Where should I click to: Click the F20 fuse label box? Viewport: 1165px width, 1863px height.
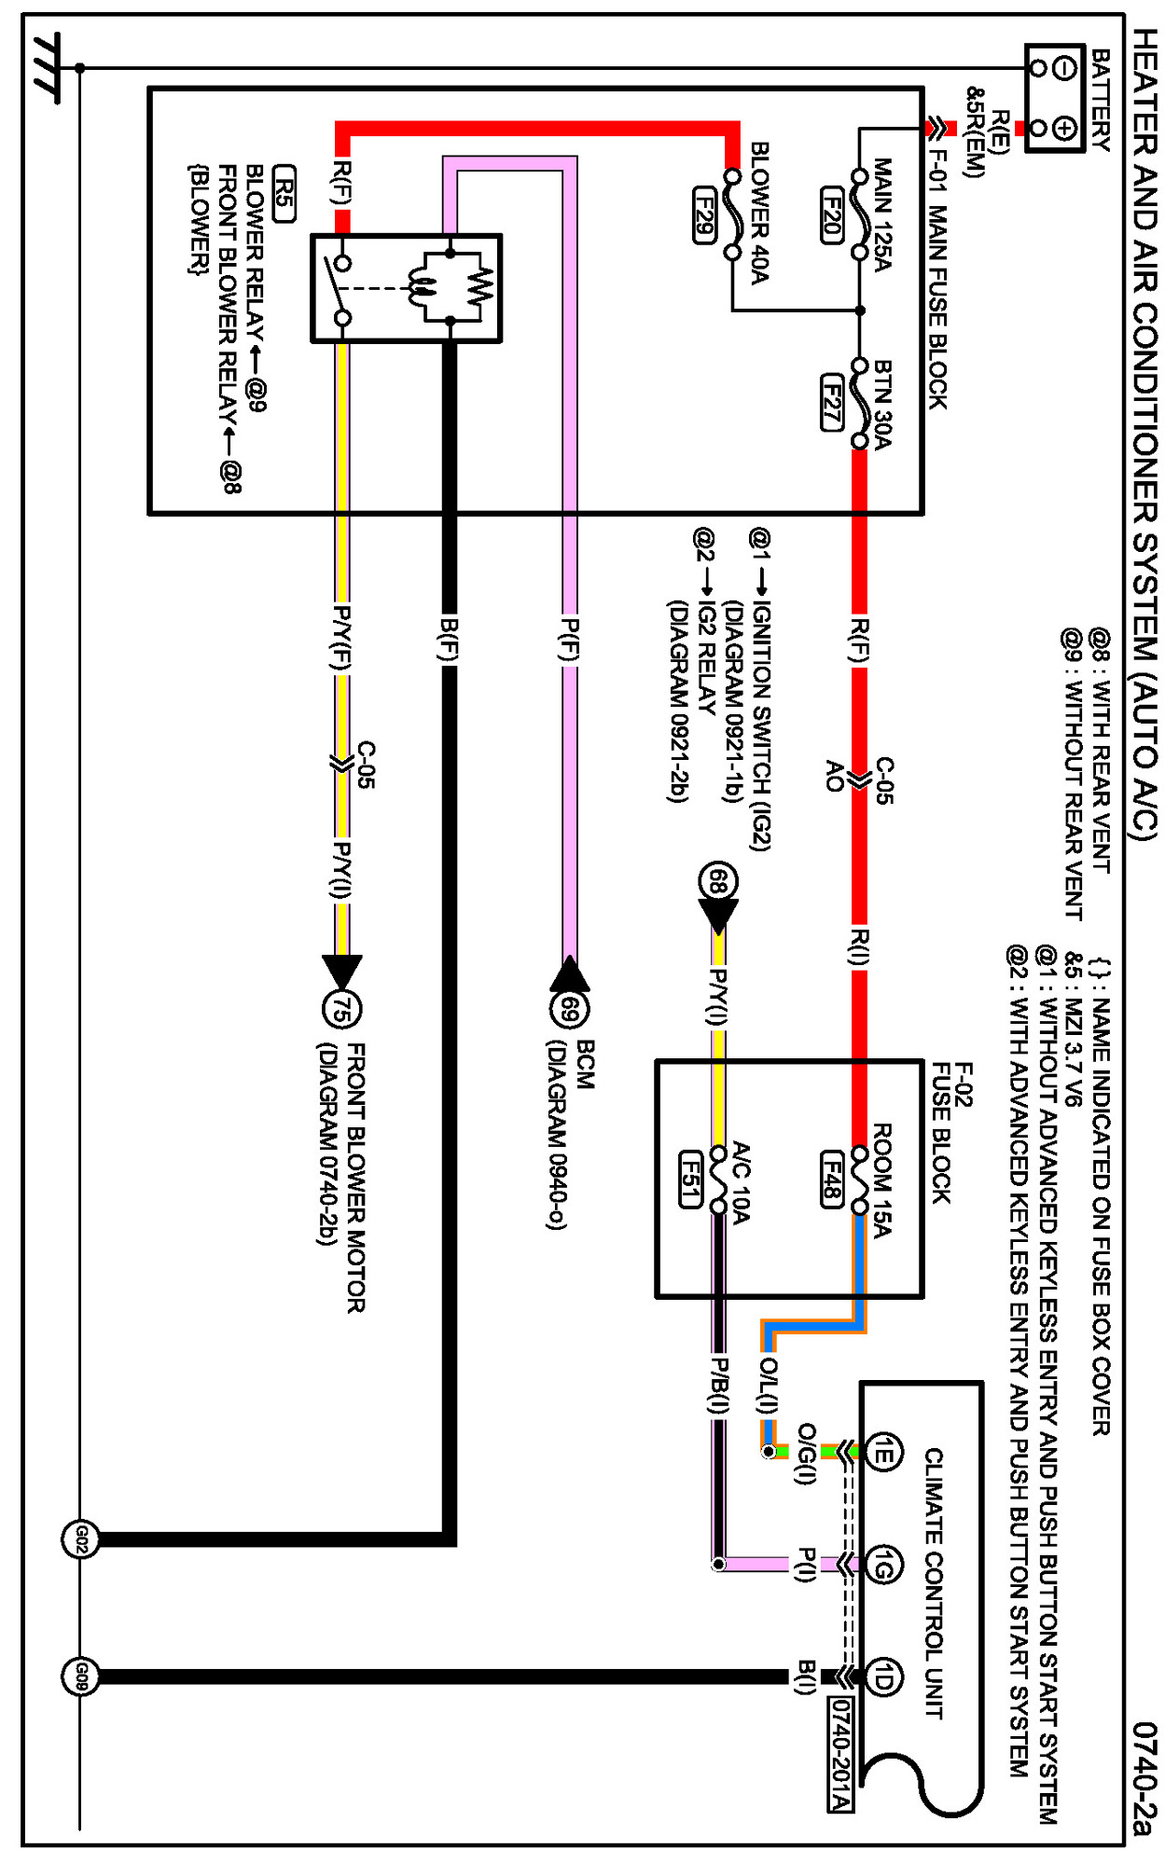(832, 215)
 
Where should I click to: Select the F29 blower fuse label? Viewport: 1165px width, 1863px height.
(705, 215)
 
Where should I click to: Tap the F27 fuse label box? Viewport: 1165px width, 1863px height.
(832, 402)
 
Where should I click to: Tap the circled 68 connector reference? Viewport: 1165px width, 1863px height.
(717, 881)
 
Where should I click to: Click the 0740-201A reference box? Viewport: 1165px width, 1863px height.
(840, 1753)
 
